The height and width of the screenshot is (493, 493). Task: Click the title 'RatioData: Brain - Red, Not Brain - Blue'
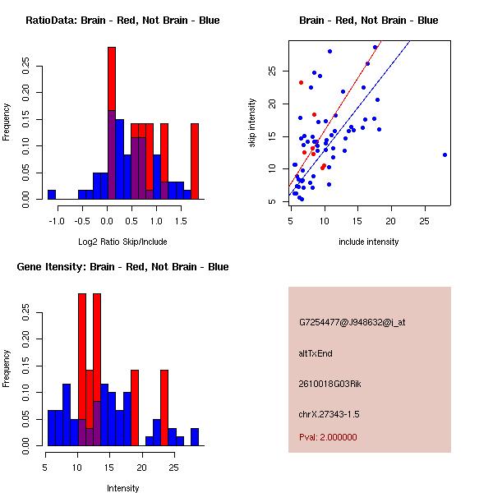pyautogui.click(x=122, y=20)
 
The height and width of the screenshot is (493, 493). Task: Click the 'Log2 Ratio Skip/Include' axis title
pyautogui.click(x=122, y=242)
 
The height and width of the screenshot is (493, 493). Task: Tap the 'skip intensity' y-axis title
pyautogui.click(x=253, y=123)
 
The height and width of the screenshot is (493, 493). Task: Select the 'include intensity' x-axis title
pyautogui.click(x=369, y=242)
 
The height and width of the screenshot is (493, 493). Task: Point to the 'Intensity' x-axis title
pyautogui.click(x=122, y=488)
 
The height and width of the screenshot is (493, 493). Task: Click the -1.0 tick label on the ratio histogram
pyautogui.click(x=52, y=220)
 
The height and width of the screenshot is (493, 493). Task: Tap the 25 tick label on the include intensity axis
pyautogui.click(x=425, y=220)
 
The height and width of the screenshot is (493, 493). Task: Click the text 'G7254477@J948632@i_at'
pyautogui.click(x=352, y=322)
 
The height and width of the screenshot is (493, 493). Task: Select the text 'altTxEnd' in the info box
pyautogui.click(x=316, y=353)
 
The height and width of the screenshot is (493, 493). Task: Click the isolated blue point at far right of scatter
pyautogui.click(x=445, y=154)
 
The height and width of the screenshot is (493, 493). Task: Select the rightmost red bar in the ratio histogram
pyautogui.click(x=195, y=160)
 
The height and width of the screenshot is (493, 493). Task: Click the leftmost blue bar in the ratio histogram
pyautogui.click(x=52, y=194)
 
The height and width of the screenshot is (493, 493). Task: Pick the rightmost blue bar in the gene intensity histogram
pyautogui.click(x=195, y=436)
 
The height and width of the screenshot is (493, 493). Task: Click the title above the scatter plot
pyautogui.click(x=369, y=20)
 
